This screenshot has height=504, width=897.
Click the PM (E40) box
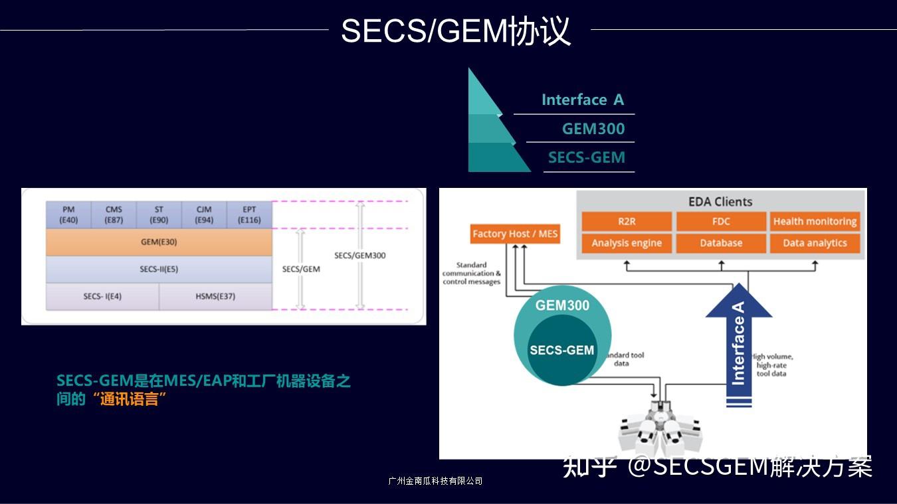coord(68,214)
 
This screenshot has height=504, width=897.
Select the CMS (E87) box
coord(114,214)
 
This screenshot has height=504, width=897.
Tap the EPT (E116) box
coord(249,214)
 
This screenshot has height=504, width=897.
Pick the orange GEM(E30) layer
coord(159,242)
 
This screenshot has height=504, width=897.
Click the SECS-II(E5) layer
coord(159,270)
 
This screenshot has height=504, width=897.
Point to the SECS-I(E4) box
coord(102,297)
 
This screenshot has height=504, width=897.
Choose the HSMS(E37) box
coord(215,297)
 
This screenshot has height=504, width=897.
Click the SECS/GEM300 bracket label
coord(359,256)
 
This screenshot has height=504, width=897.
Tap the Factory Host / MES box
coord(515,234)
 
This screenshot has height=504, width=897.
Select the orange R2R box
coord(627,222)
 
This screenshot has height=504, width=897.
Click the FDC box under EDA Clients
coord(721,222)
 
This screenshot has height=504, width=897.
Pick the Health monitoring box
coord(815,222)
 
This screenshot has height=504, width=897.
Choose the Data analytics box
coord(815,243)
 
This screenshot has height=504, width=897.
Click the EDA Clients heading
coord(720,202)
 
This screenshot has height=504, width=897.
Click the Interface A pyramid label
coord(583,100)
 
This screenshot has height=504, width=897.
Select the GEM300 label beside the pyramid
coord(593,129)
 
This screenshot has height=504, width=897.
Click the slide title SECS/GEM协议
coord(456,31)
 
